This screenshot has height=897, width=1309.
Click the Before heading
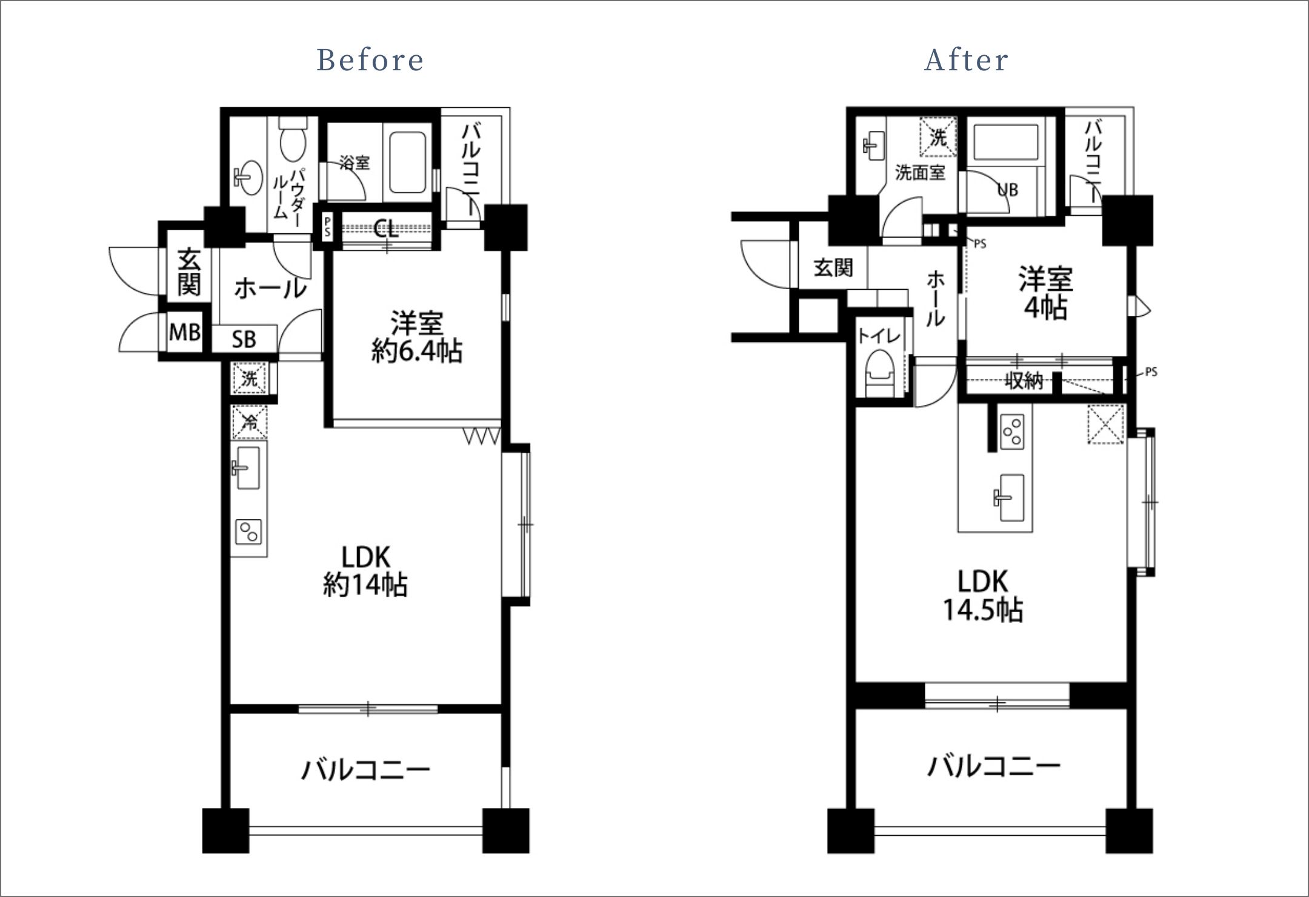(370, 60)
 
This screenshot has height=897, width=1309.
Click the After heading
(967, 60)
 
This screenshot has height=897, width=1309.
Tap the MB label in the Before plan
(185, 332)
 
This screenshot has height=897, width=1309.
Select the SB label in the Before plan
(244, 339)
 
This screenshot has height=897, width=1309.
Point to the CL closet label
(386, 229)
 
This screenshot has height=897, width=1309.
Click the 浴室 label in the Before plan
(355, 162)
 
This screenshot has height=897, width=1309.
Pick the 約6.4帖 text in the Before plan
(417, 351)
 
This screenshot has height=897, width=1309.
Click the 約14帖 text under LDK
(365, 585)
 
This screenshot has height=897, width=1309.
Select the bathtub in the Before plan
(408, 162)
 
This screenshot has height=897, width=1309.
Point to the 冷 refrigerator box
(249, 422)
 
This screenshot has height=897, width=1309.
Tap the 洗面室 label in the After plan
(920, 173)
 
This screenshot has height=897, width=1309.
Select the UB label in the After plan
(1008, 190)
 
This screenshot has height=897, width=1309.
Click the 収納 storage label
(1024, 381)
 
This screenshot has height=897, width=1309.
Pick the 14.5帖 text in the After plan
(982, 610)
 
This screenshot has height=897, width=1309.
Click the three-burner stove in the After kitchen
(1011, 432)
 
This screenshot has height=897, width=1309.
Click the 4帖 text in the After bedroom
(1045, 308)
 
